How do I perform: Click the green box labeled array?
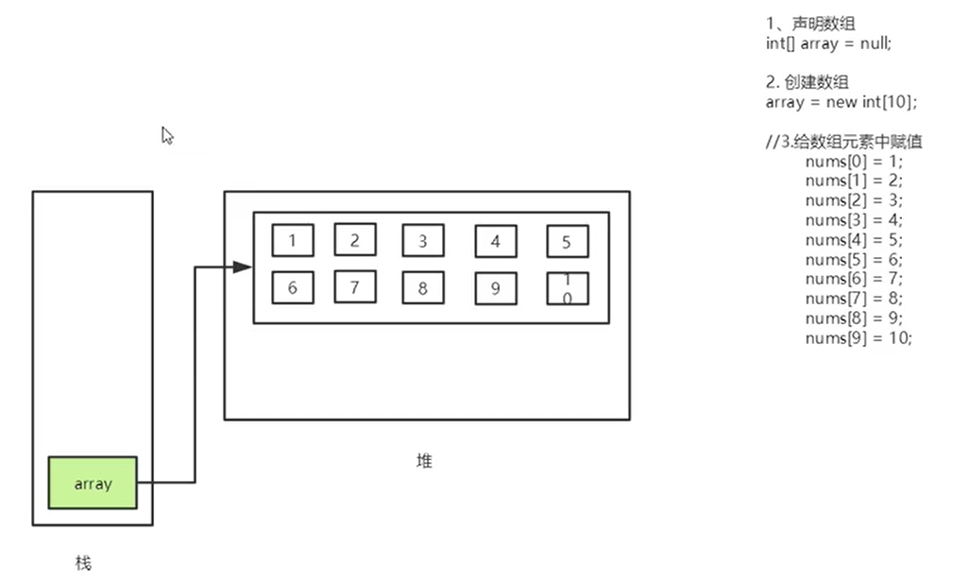(x=93, y=483)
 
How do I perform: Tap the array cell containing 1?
(x=293, y=240)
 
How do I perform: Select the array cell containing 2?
(x=355, y=240)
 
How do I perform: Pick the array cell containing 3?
(x=422, y=241)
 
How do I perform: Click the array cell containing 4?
(x=496, y=242)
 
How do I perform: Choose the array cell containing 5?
(x=567, y=242)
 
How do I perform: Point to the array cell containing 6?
(x=293, y=288)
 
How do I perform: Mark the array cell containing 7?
(x=355, y=287)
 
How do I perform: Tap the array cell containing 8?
(x=422, y=288)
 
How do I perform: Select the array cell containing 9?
(x=496, y=289)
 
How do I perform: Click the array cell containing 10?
(x=567, y=288)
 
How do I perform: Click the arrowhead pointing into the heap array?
(x=243, y=267)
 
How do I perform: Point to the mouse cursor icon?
(x=167, y=135)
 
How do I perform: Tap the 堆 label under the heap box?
(x=425, y=461)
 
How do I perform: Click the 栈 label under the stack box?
(x=83, y=563)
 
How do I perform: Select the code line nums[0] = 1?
(x=854, y=162)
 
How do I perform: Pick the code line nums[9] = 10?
(x=858, y=338)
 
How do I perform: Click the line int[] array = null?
(x=828, y=43)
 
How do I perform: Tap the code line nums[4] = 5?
(x=854, y=240)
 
